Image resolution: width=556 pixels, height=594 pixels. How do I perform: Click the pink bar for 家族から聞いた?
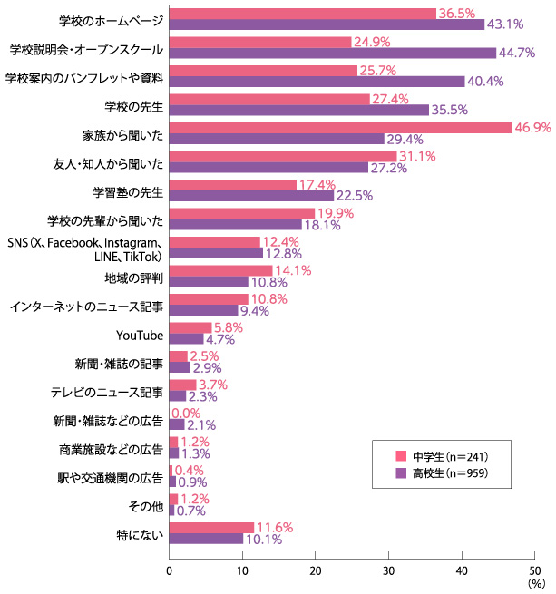coord(340,128)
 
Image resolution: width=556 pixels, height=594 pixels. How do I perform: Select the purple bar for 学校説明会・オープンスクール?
coord(332,54)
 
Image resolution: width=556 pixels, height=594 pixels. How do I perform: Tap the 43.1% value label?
coord(505,24)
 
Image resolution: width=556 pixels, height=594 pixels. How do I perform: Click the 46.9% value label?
coord(533,128)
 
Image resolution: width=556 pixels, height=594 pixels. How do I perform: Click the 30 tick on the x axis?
coord(388,570)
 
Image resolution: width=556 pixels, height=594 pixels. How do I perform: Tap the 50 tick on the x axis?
coord(534,570)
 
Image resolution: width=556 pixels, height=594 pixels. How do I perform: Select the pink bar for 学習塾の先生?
coord(232,185)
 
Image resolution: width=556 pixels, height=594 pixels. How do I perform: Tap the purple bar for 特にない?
coord(206,539)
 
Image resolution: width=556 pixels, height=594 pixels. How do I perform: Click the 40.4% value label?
coord(485,82)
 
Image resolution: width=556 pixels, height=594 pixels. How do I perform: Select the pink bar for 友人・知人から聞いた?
coord(282,157)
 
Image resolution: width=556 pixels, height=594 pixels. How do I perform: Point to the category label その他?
coord(147,504)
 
